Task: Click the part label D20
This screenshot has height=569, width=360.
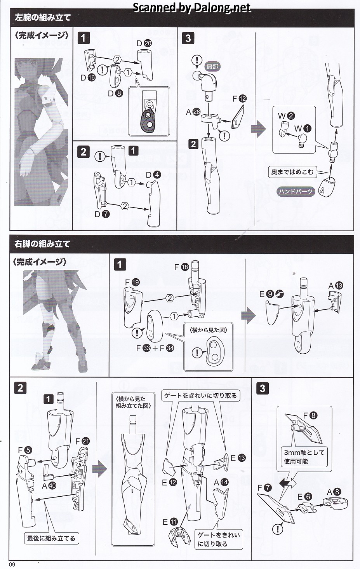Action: point(144,44)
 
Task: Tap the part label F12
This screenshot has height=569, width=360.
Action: point(239,99)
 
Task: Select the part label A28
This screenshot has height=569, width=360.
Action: point(193,112)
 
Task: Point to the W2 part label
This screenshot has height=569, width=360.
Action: point(286,116)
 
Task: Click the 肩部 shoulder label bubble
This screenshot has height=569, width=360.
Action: point(212,66)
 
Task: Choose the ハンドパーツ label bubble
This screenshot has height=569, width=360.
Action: point(296,191)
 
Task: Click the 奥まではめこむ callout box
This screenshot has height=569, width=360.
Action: point(292,172)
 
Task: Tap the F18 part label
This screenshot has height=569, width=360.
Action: point(181,267)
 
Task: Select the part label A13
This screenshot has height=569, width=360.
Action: point(336,286)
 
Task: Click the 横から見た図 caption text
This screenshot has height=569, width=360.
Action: point(208,330)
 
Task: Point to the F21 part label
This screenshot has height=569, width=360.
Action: point(82,441)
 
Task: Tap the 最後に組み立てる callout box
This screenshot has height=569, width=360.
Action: point(51,538)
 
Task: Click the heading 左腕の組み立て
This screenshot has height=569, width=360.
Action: point(42,17)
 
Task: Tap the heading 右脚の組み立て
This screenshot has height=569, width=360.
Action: point(42,244)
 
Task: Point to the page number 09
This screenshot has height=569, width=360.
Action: point(12,564)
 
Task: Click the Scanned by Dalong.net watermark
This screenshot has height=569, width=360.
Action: point(192,8)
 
